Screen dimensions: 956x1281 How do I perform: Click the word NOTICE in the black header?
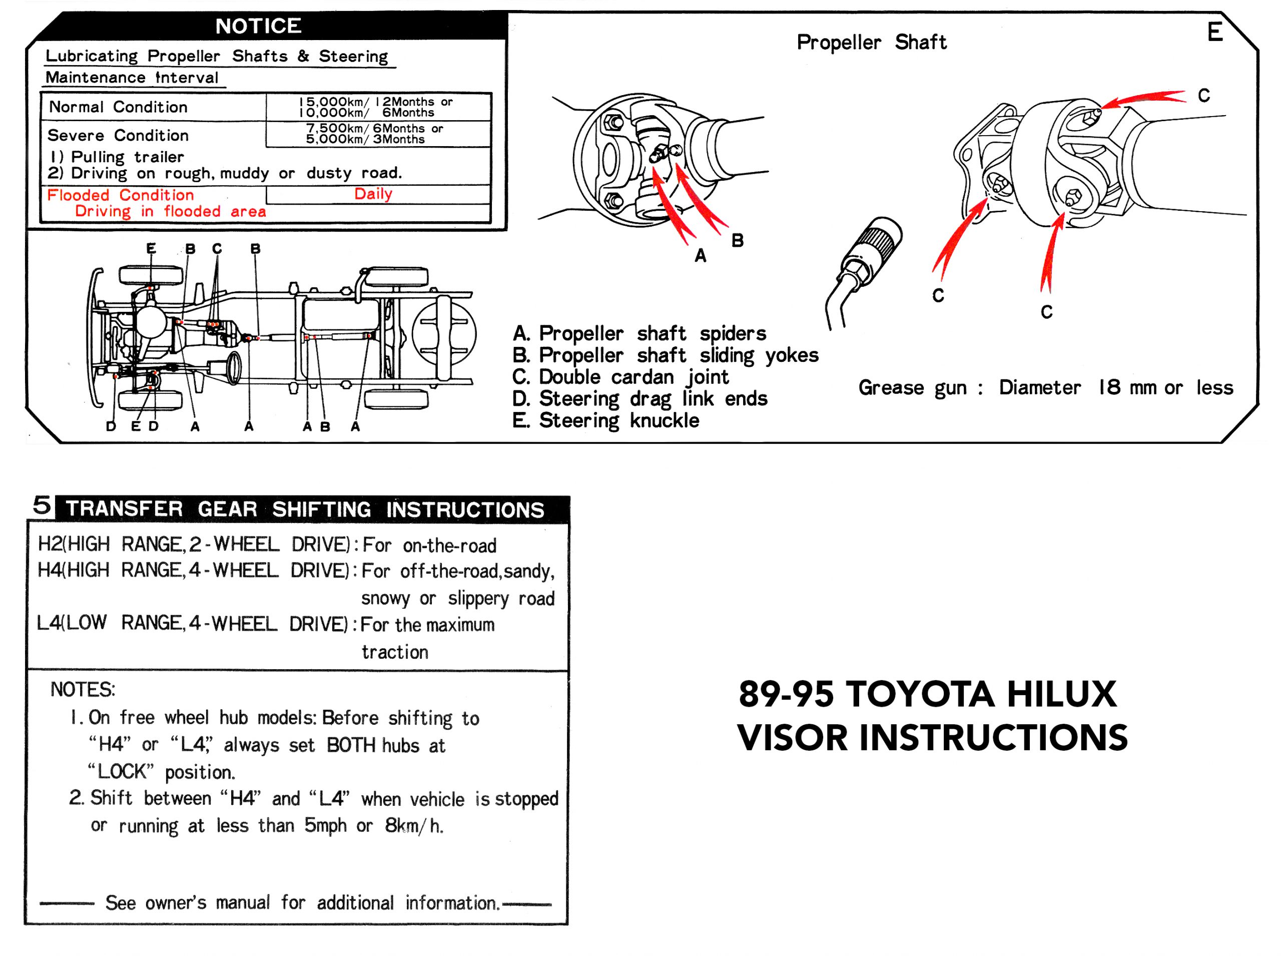point(258,26)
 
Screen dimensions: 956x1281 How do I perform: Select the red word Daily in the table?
point(373,194)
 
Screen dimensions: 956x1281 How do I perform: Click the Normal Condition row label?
point(118,107)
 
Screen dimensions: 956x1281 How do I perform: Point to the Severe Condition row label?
point(118,136)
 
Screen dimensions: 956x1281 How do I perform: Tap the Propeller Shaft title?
point(871,42)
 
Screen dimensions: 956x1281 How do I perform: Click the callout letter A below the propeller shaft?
point(700,255)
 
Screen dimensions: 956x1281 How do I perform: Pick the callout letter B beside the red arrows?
point(737,240)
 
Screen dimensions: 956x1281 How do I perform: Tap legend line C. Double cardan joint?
point(620,377)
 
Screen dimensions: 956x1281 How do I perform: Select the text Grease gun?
point(912,388)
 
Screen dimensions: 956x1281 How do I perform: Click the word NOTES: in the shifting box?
point(83,689)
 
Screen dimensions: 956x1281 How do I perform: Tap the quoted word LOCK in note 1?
point(121,771)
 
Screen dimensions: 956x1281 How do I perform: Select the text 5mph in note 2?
point(325,825)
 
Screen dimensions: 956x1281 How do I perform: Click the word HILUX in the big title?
point(1061,694)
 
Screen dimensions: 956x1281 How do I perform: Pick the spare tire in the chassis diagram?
point(444,334)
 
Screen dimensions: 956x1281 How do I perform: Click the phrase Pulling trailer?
point(127,157)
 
